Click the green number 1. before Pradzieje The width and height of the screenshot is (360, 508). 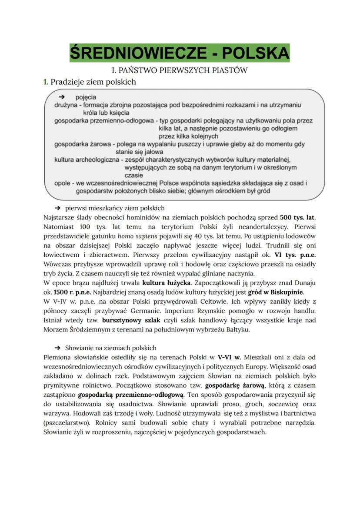click(x=46, y=82)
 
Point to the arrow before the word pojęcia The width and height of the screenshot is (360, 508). click(x=61, y=97)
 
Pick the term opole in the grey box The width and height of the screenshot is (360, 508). click(x=63, y=183)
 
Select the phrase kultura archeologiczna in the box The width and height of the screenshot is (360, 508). click(x=86, y=159)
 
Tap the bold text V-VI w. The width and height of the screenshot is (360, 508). click(x=229, y=357)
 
